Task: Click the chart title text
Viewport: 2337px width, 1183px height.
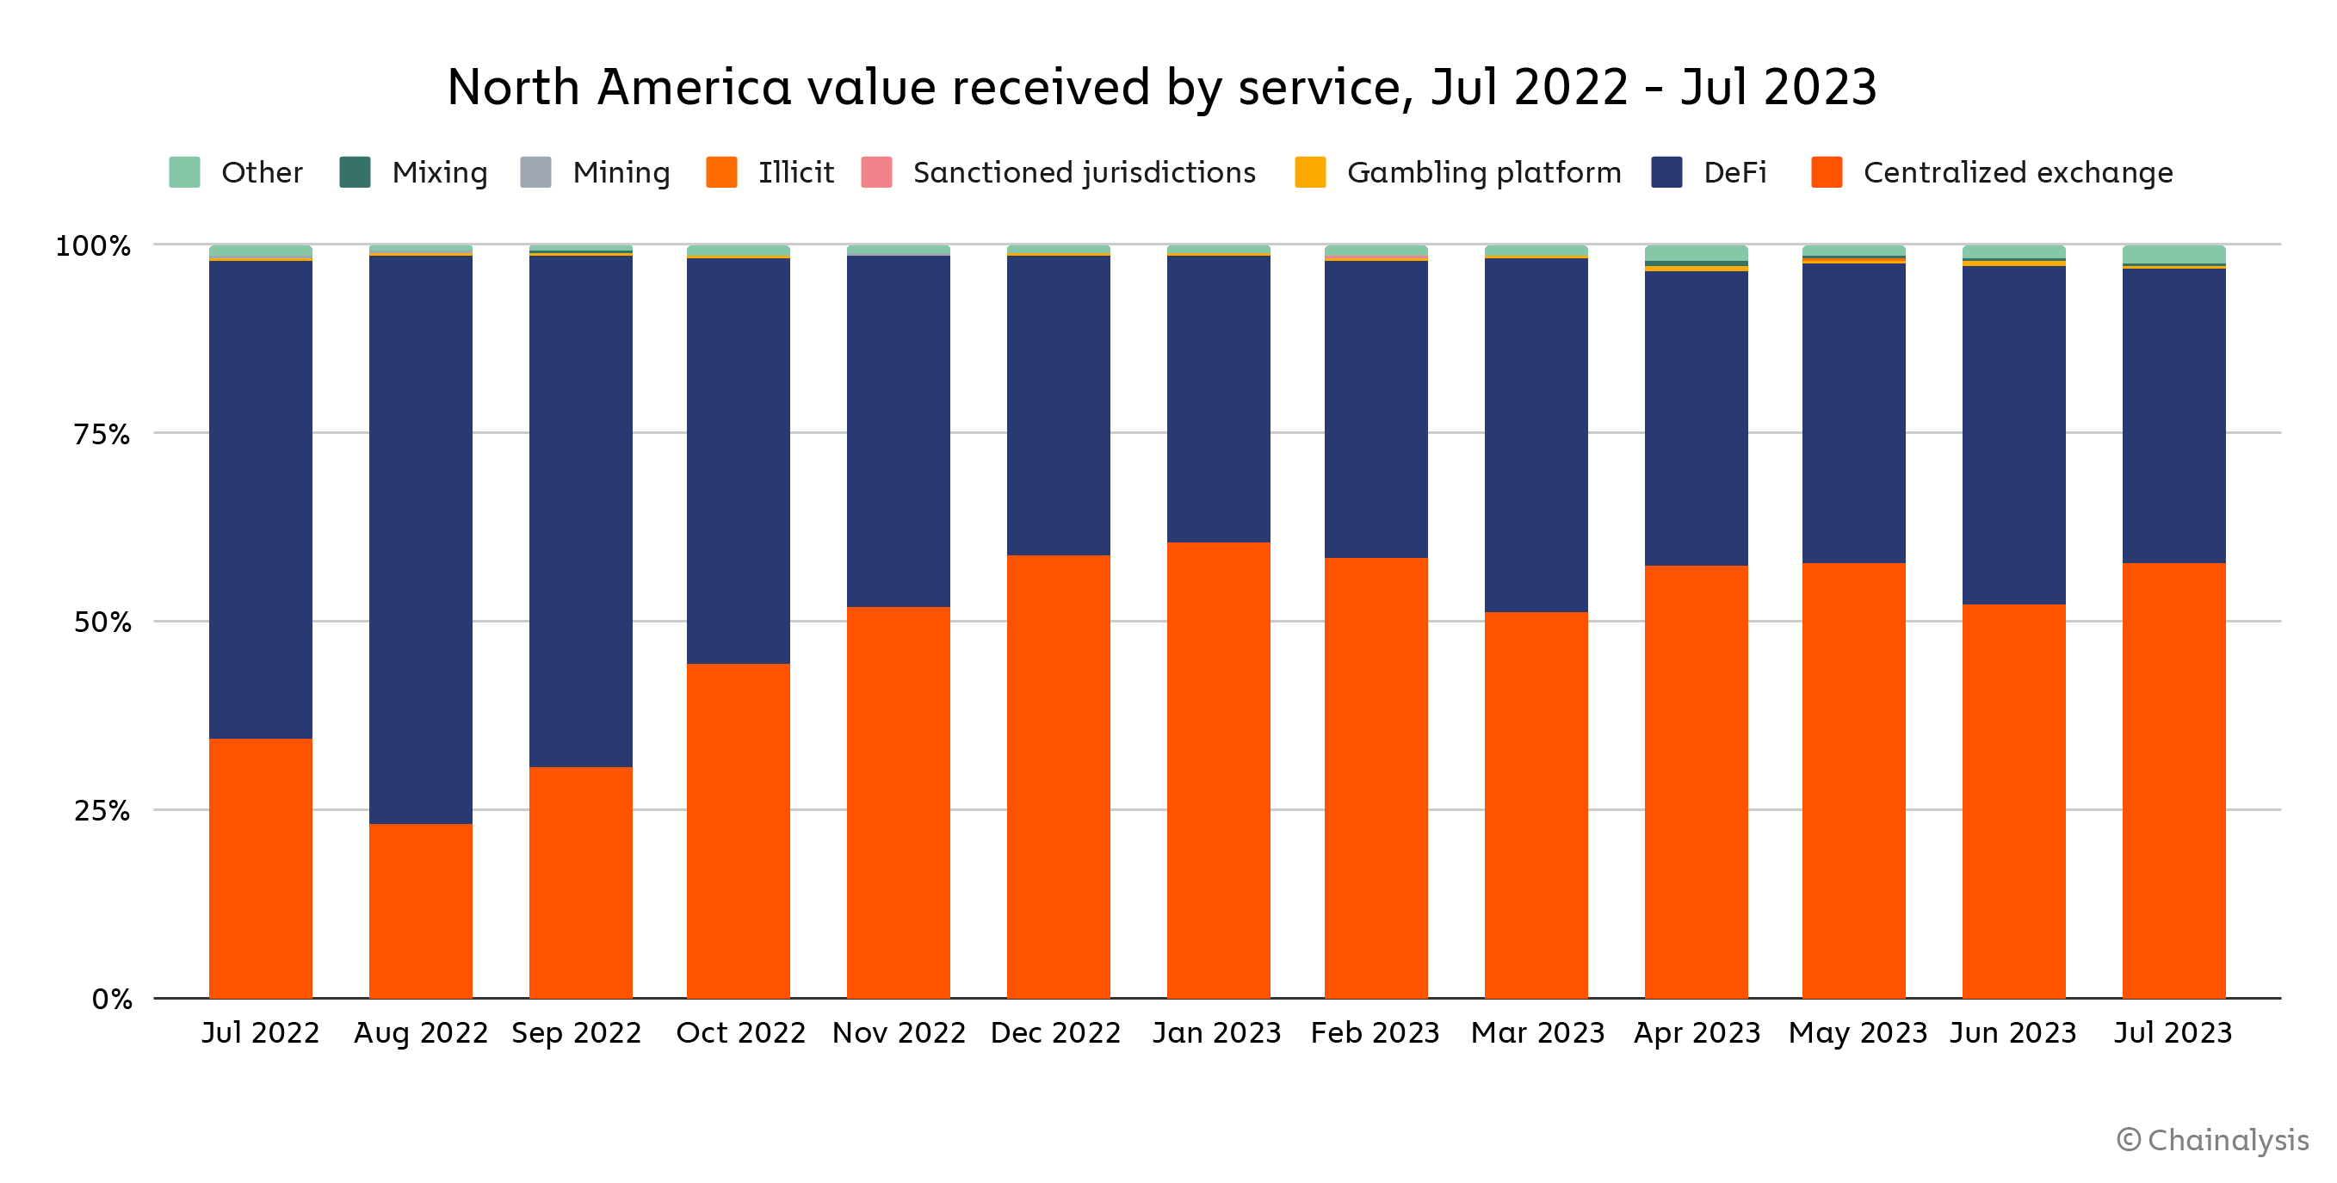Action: click(x=1161, y=88)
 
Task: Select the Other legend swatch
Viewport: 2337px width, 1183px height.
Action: click(x=184, y=172)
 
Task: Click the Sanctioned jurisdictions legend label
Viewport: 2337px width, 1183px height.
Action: click(x=1084, y=172)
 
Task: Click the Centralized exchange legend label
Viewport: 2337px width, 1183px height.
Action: click(x=2018, y=172)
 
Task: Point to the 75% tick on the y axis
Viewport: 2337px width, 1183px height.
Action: click(x=102, y=435)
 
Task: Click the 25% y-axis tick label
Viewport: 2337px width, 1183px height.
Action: click(x=102, y=811)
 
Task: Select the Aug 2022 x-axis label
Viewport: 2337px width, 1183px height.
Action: click(x=421, y=1032)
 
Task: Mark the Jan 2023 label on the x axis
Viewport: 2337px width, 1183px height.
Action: click(x=1216, y=1032)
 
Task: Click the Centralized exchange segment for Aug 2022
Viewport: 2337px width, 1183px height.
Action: click(x=421, y=911)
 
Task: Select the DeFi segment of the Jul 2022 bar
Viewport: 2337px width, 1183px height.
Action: click(x=260, y=499)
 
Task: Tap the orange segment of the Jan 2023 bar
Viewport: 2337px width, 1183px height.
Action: click(x=1218, y=771)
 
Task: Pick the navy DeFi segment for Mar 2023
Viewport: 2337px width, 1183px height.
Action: click(x=1536, y=436)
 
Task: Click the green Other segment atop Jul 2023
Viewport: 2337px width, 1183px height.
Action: click(x=2173, y=254)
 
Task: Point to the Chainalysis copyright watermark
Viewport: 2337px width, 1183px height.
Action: click(x=2213, y=1139)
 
